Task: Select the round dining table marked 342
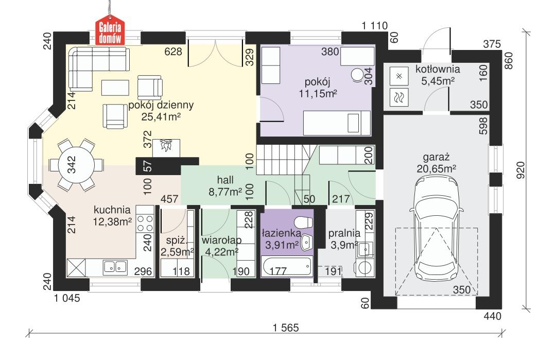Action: [x=72, y=165]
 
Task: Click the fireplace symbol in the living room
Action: [x=166, y=147]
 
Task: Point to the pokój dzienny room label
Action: [x=161, y=105]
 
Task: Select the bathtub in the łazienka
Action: [x=286, y=267]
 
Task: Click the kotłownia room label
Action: [x=438, y=70]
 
